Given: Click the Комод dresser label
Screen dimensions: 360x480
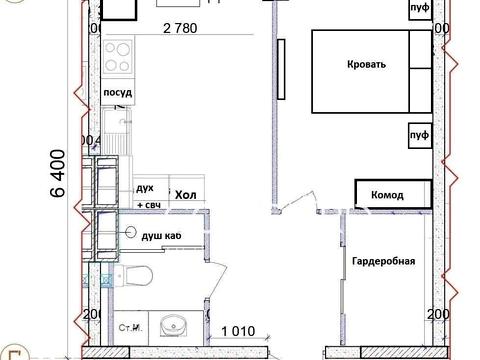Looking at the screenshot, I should [x=387, y=195].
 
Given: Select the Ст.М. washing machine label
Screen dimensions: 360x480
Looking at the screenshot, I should [x=129, y=325].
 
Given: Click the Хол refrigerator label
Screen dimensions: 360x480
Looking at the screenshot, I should [x=184, y=193].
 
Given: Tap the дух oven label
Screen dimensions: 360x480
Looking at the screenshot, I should [x=145, y=188].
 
